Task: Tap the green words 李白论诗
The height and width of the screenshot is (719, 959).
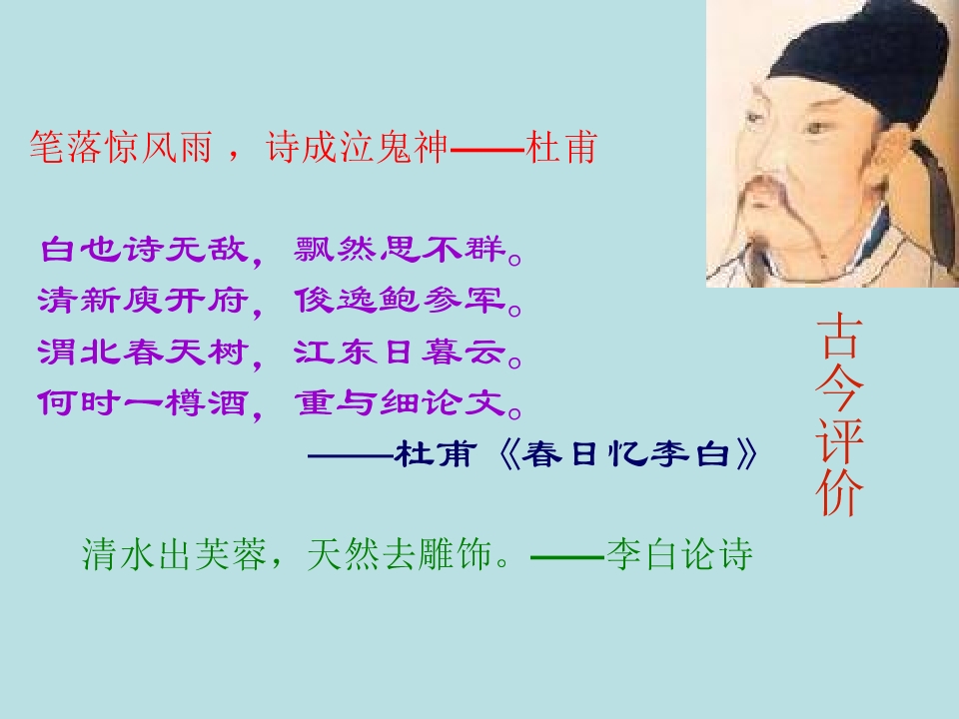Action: click(x=678, y=555)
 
